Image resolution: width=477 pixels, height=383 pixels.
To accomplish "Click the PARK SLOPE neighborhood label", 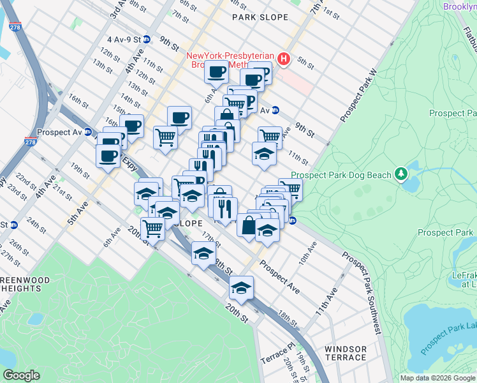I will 260,17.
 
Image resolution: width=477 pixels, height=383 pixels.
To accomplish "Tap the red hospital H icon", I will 284,59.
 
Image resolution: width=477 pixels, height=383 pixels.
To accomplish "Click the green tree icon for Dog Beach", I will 401,173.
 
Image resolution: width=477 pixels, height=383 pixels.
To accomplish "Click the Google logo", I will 20,375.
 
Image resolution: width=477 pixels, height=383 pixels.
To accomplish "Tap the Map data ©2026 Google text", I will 437,378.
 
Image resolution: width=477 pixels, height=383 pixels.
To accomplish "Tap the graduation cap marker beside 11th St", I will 264,154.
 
